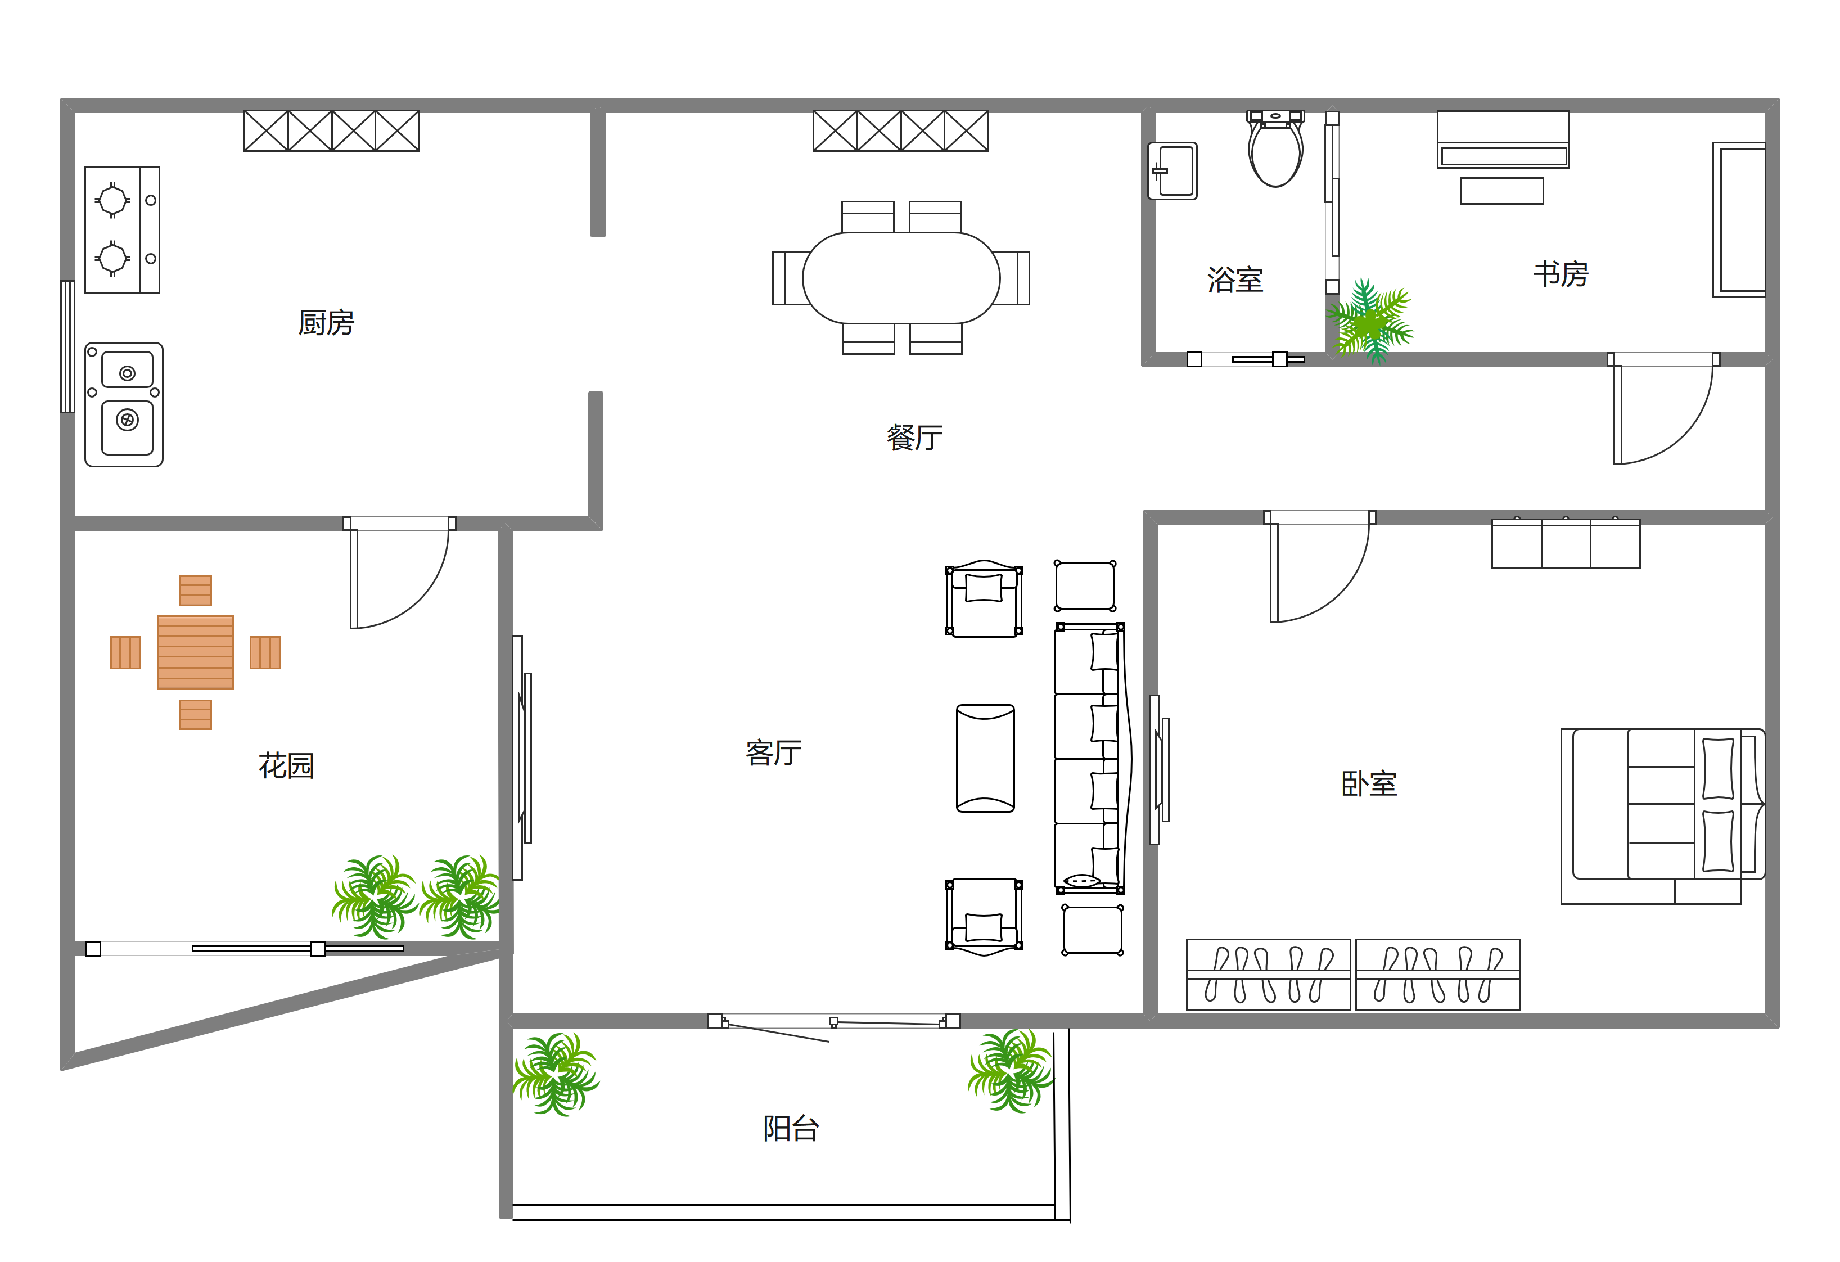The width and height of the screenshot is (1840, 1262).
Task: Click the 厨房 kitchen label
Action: tap(326, 323)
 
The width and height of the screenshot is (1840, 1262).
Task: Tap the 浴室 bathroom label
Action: tap(1235, 280)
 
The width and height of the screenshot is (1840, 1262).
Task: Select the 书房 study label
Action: tap(1561, 274)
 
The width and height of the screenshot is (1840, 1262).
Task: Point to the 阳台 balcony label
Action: tap(791, 1128)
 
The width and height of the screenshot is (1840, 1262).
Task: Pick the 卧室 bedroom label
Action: tap(1369, 784)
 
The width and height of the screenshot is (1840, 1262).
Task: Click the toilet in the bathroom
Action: tap(1275, 149)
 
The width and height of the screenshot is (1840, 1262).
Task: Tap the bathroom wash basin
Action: tap(1172, 171)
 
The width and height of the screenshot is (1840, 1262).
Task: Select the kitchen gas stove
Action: tap(123, 229)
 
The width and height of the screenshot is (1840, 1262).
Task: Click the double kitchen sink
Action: tap(124, 404)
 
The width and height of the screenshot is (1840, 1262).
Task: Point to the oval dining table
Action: tap(901, 278)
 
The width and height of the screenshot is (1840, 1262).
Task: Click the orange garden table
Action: tap(196, 652)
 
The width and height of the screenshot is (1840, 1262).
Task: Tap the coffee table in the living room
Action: tap(986, 759)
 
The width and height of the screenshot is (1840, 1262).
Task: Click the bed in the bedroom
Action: tap(1663, 816)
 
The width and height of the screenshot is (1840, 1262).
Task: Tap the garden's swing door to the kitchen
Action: tap(399, 573)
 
